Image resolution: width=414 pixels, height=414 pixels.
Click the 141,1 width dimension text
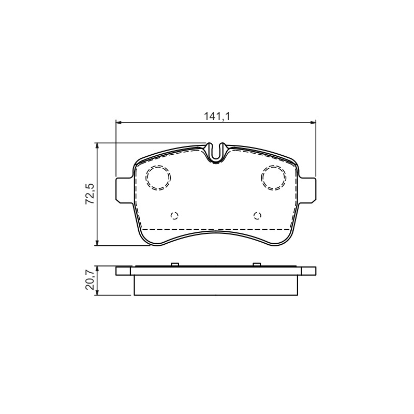coord(217,116)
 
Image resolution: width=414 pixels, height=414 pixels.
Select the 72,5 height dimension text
coord(90,194)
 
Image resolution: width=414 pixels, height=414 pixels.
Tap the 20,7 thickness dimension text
coord(90,280)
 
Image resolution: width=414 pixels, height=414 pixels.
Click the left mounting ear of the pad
coord(125,190)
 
